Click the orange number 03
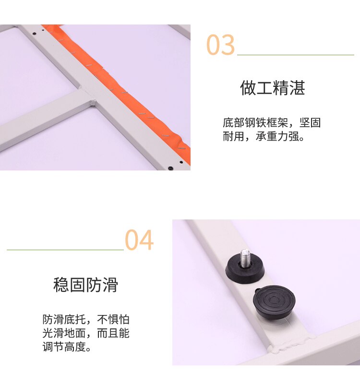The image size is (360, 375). coord(220,45)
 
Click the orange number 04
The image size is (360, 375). coord(139,240)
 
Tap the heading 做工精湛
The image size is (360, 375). coord(272,88)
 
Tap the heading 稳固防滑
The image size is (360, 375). coord(85,285)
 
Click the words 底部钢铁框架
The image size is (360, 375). coord(255,123)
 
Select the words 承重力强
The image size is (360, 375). coord(277,136)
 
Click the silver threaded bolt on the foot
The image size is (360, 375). coord(245,258)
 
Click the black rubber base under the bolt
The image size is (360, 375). coord(245,270)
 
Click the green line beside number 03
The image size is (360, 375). coord(296,55)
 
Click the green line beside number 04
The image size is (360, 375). coord(65,250)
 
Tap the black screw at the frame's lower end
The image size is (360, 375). coord(170,168)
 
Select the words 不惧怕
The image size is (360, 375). coord(113,319)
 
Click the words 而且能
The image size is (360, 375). coord(113,333)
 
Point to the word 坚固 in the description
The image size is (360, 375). coord(310,123)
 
